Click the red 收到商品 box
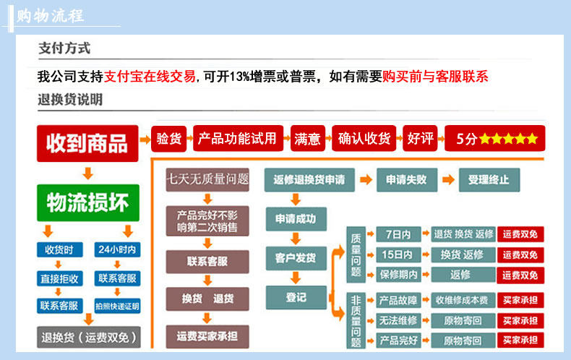(87, 143)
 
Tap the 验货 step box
(169, 138)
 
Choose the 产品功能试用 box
(238, 138)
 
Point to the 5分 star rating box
(496, 139)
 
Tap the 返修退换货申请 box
(309, 179)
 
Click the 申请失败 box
(406, 179)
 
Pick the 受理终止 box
(489, 179)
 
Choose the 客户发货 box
(296, 257)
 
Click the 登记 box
(296, 296)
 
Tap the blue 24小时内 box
(117, 250)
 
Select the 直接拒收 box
(59, 278)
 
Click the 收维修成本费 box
(463, 300)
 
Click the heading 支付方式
(64, 49)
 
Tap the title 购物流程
(51, 15)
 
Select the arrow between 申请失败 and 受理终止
(448, 179)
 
